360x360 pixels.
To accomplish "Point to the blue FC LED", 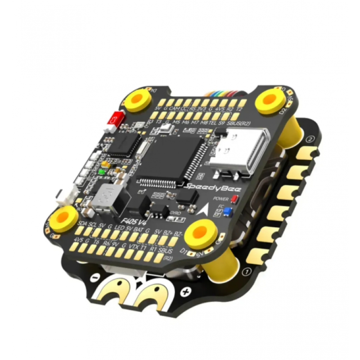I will pyautogui.click(x=228, y=211).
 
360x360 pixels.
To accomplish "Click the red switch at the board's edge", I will pyautogui.click(x=115, y=118).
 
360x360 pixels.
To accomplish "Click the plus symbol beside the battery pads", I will pyautogui.click(x=184, y=292).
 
